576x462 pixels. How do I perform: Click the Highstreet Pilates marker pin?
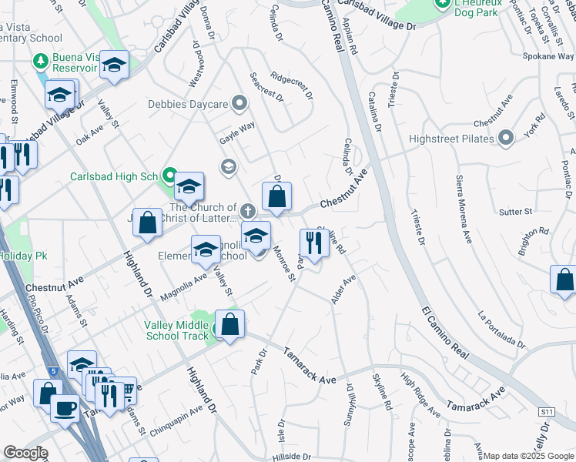point(506,138)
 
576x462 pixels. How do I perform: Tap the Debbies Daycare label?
point(189,103)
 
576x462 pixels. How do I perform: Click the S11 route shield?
point(547,413)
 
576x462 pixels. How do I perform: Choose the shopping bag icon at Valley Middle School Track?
point(230,325)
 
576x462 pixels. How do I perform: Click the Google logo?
point(25,453)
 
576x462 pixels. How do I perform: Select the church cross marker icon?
point(247,209)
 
